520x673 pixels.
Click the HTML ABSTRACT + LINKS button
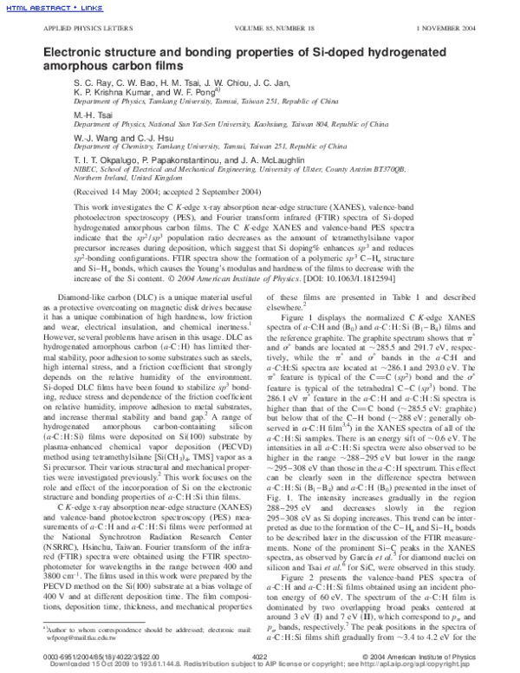pos(40,8)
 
